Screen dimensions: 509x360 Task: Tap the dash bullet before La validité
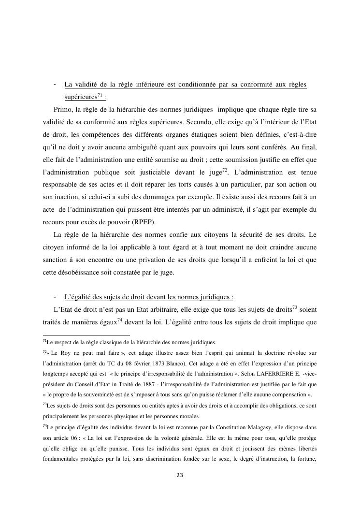pos(57,85)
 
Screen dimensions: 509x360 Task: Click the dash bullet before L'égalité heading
pos(57,296)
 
